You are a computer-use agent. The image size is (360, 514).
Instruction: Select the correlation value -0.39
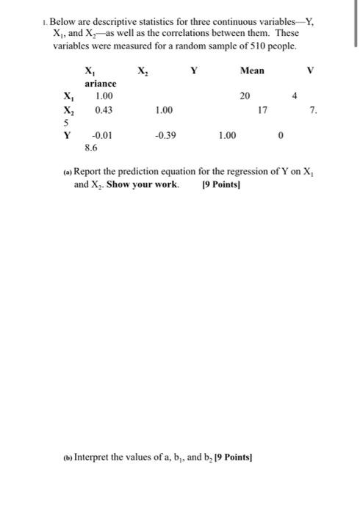167,135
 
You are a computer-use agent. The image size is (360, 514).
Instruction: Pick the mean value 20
245,96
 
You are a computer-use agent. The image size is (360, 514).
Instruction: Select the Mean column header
252,71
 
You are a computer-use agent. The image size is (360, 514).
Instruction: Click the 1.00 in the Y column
228,135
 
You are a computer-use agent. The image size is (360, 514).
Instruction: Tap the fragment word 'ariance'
100,84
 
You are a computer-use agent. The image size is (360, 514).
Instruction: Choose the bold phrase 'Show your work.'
143,184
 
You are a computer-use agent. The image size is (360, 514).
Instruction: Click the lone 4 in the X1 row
295,96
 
